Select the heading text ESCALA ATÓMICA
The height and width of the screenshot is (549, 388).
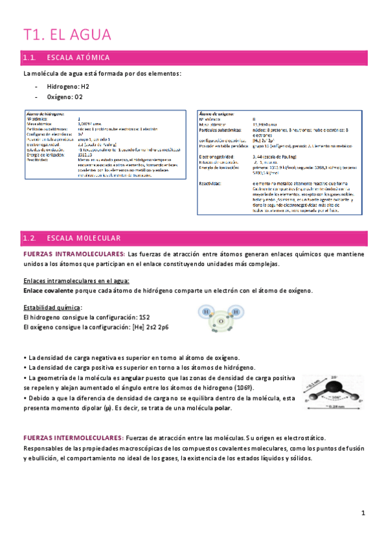coord(82,58)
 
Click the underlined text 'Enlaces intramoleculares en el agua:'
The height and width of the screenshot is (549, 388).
coord(76,280)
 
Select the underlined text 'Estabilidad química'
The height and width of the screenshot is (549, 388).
coord(52,307)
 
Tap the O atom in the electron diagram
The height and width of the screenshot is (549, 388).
coord(220,320)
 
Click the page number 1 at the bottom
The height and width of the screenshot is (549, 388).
coord(364,513)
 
